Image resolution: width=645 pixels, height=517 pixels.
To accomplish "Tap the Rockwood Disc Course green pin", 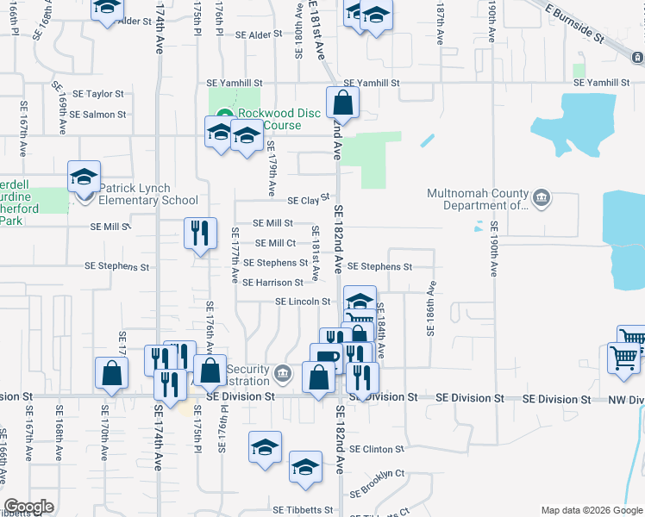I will [223, 114].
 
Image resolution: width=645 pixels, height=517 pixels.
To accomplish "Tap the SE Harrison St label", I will [272, 282].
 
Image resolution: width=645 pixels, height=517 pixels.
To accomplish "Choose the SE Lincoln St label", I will [303, 302].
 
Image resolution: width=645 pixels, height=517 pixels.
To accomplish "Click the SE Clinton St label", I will [376, 449].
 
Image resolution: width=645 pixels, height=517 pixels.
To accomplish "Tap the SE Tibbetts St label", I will [303, 510].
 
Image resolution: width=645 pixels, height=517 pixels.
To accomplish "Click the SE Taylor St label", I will [98, 94].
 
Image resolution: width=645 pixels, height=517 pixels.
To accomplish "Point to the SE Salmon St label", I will [98, 114].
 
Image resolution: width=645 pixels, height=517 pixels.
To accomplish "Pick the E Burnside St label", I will [574, 21].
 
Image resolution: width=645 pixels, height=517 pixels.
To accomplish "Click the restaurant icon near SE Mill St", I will [200, 233].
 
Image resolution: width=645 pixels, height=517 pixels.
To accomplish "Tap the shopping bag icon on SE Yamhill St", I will [343, 103].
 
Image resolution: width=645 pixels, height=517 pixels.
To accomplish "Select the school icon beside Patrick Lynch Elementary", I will [85, 178].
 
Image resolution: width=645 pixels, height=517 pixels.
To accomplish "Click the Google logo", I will [28, 507].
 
